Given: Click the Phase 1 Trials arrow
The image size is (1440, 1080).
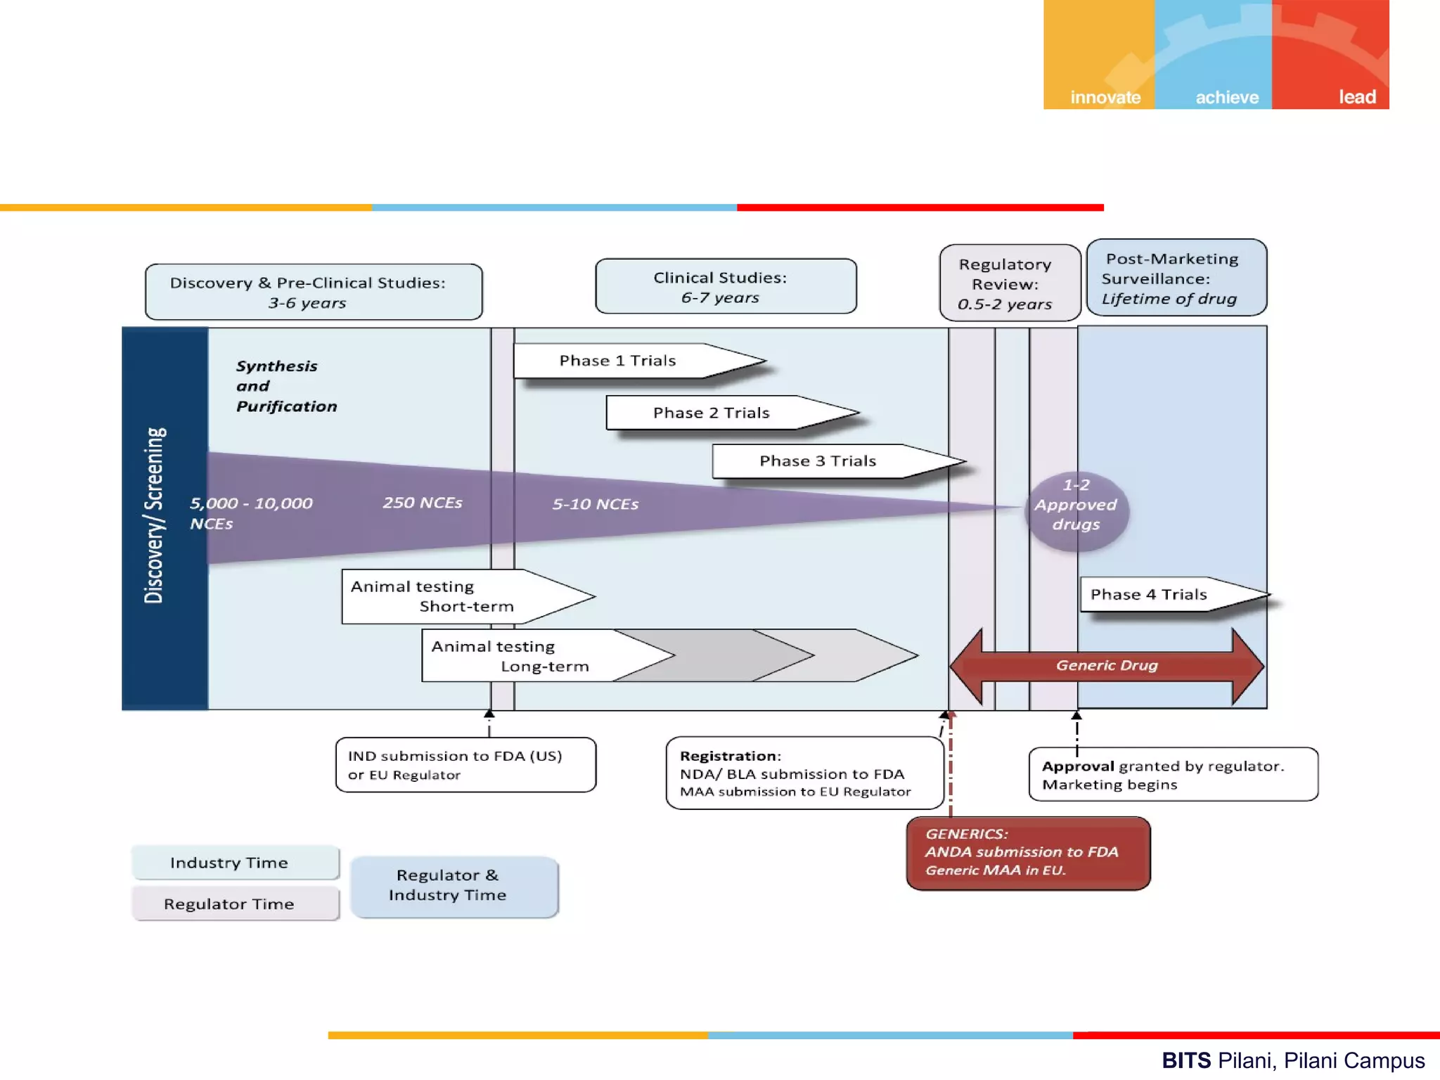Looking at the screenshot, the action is click(639, 361).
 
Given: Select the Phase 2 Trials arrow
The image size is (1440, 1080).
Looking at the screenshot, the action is click(732, 413).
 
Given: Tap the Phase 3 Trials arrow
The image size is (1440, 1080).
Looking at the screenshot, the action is click(838, 461).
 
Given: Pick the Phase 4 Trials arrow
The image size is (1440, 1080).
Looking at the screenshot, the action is click(1175, 595).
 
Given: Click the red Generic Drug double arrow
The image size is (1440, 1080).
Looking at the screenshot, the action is click(1107, 666).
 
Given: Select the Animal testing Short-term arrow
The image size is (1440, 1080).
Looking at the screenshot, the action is click(468, 596).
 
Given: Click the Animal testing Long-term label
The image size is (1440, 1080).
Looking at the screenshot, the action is click(510, 656).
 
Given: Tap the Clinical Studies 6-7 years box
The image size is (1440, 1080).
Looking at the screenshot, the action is click(726, 286).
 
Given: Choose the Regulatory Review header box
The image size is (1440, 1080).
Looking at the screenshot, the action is click(1010, 283).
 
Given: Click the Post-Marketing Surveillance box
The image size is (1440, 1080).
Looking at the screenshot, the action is click(1176, 278).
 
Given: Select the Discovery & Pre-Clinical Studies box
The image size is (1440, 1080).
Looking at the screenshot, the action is click(314, 292).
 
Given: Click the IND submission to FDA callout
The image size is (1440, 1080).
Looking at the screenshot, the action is click(465, 765).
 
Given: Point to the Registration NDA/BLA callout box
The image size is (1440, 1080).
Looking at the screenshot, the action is click(804, 773).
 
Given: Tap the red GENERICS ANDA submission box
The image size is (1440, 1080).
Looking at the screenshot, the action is click(1028, 853).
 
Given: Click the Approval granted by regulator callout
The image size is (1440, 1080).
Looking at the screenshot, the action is click(1174, 774).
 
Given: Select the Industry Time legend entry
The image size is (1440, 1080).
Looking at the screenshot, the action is click(236, 863).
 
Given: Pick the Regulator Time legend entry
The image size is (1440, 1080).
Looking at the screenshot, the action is click(236, 904).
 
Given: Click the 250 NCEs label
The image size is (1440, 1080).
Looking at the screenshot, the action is click(423, 503).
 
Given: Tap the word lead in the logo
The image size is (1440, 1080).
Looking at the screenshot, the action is click(1357, 97).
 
